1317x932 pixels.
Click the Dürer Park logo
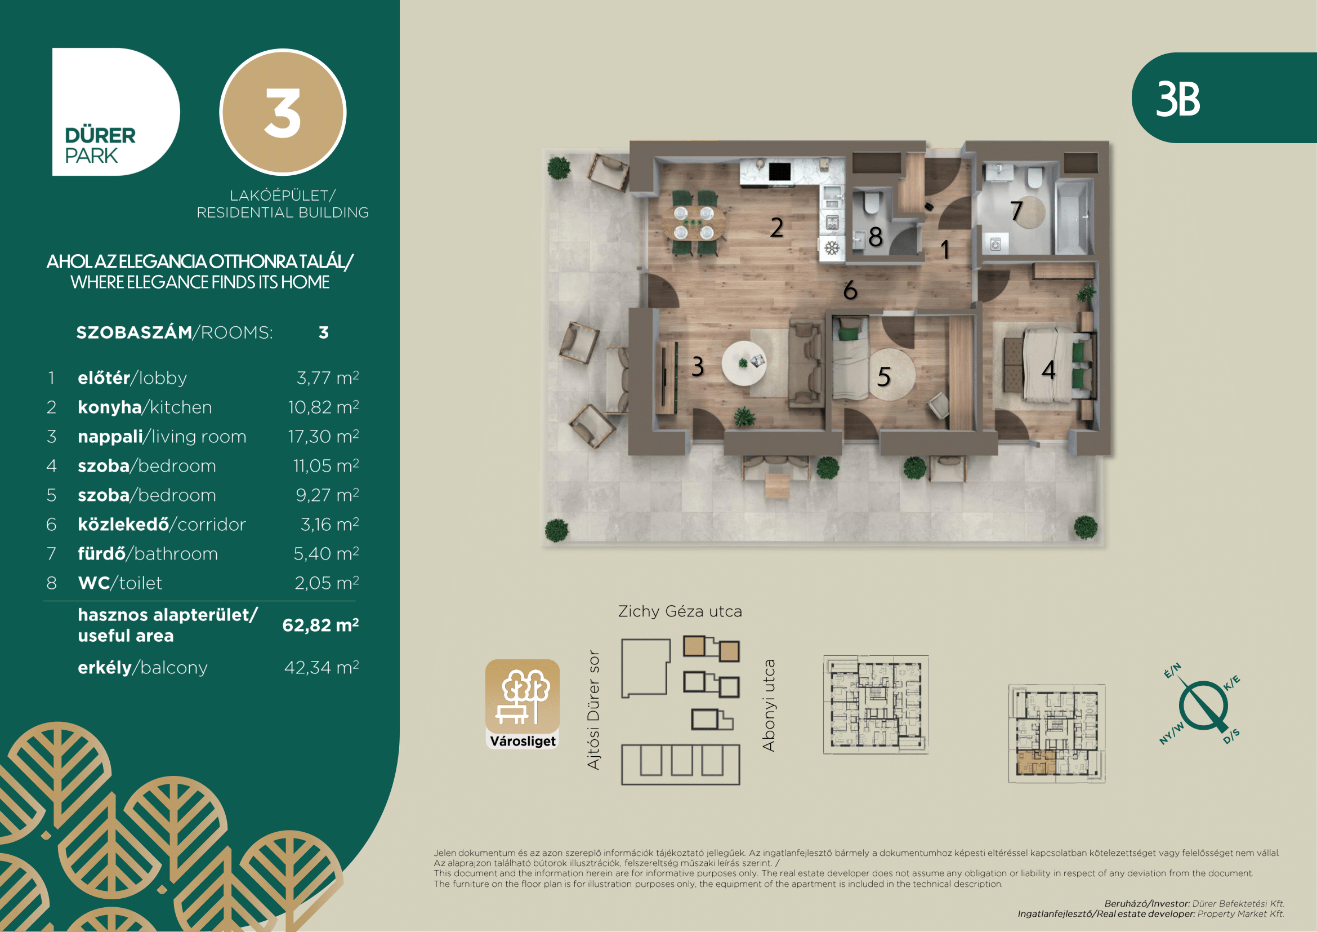(x=116, y=112)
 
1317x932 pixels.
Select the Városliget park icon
(x=523, y=704)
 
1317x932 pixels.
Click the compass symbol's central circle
(x=1203, y=705)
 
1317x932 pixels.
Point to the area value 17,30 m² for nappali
(x=324, y=436)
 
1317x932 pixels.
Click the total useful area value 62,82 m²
(x=320, y=625)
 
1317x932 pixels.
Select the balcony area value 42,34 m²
(x=322, y=667)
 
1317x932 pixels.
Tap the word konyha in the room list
(x=110, y=407)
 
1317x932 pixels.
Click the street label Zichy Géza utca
(x=680, y=611)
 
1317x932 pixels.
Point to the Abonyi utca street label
(x=769, y=705)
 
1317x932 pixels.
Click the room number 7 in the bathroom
(x=1016, y=211)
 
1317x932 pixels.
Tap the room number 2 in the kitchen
(x=776, y=227)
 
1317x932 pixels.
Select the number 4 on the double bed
(x=1048, y=370)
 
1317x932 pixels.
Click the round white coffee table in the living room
(x=743, y=363)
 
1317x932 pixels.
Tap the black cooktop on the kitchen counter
(x=779, y=171)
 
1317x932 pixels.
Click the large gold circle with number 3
(x=283, y=112)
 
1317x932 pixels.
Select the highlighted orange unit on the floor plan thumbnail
(x=1036, y=762)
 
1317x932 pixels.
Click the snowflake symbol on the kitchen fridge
(x=832, y=248)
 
